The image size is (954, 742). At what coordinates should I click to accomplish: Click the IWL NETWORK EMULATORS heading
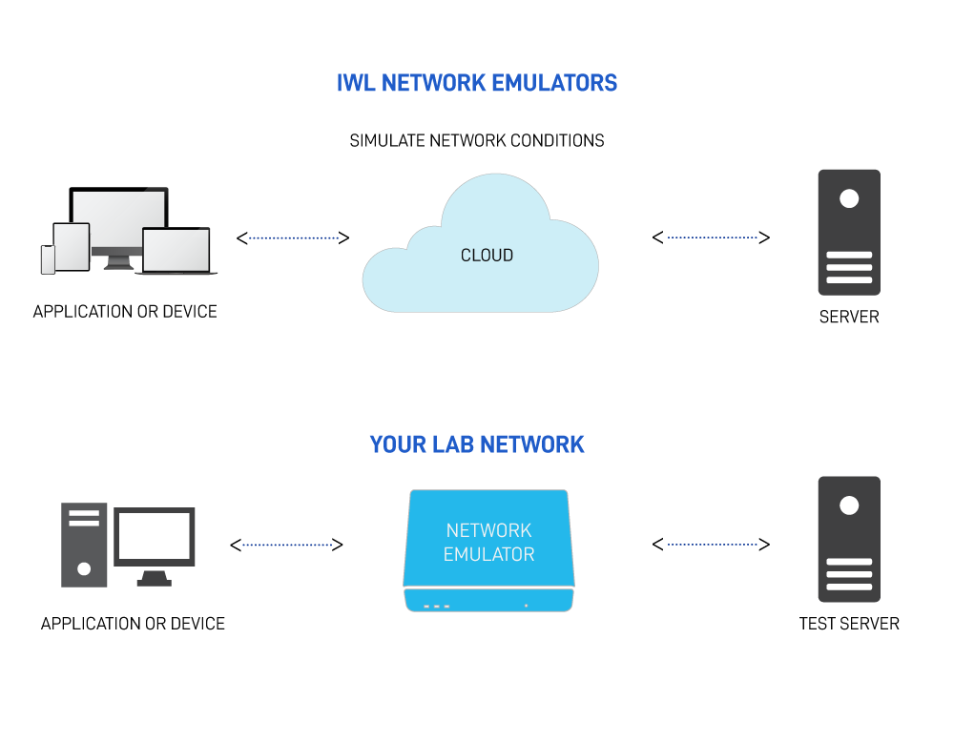[x=477, y=83]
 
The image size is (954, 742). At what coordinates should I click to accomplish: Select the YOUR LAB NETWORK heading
[x=477, y=444]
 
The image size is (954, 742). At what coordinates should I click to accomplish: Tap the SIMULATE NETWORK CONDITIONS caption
[x=477, y=141]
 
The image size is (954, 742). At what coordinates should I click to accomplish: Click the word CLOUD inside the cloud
[x=487, y=256]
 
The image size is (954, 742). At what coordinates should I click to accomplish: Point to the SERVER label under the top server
[x=849, y=317]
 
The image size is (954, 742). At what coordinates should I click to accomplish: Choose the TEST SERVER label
[x=849, y=624]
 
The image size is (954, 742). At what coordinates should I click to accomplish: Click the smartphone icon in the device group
[x=48, y=259]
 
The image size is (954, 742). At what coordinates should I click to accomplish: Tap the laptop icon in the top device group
[x=176, y=251]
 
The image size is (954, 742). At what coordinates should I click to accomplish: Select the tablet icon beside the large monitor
[x=72, y=246]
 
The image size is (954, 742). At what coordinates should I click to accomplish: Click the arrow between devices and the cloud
[x=293, y=237]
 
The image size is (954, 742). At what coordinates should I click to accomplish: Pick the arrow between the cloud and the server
[x=711, y=237]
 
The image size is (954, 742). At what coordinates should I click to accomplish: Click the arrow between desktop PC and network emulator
[x=286, y=545]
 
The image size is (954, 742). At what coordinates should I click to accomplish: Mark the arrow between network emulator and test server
[x=711, y=545]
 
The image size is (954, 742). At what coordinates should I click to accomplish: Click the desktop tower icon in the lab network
[x=84, y=545]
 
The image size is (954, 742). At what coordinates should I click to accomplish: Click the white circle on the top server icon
[x=849, y=199]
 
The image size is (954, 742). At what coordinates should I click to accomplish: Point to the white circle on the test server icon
[x=849, y=506]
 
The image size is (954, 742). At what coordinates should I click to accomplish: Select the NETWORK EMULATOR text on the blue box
[x=488, y=542]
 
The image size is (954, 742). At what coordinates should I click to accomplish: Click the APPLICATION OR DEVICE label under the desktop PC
[x=133, y=624]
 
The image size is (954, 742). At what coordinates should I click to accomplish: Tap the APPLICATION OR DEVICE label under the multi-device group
[x=125, y=312]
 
